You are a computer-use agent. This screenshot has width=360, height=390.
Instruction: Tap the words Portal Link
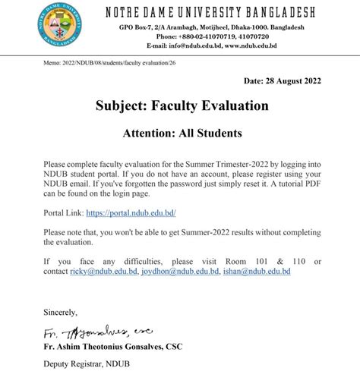[62, 215]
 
